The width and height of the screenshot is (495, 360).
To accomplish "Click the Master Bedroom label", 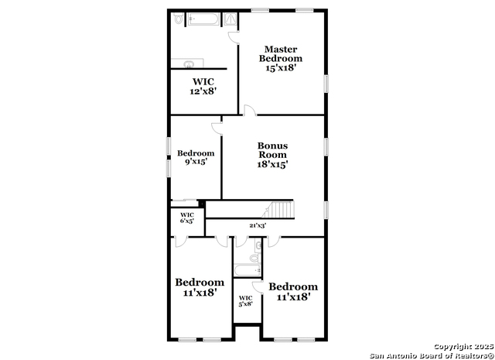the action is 280,53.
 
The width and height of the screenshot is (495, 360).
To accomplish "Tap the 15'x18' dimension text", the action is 280,68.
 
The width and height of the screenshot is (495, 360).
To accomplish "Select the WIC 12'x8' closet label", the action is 203,86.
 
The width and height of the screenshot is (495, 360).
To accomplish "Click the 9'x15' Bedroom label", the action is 196,157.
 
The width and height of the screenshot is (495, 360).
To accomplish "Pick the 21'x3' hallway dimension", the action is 258,225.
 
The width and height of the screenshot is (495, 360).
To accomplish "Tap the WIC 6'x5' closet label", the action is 187,218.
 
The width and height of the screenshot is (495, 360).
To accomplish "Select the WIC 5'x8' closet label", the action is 245,301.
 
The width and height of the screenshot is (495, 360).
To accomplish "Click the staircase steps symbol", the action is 278,210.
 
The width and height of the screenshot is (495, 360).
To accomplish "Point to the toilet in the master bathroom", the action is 179,19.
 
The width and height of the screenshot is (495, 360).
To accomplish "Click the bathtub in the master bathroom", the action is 203,19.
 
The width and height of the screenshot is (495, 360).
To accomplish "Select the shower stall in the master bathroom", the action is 230,19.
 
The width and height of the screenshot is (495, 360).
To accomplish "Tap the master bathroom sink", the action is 189,63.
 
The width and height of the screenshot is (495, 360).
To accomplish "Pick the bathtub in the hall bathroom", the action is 247,271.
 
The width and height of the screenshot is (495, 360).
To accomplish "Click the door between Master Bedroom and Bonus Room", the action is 250,110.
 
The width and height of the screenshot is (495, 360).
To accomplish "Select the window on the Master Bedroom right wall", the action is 326,84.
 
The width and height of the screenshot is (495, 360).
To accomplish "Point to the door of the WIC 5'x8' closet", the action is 258,286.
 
